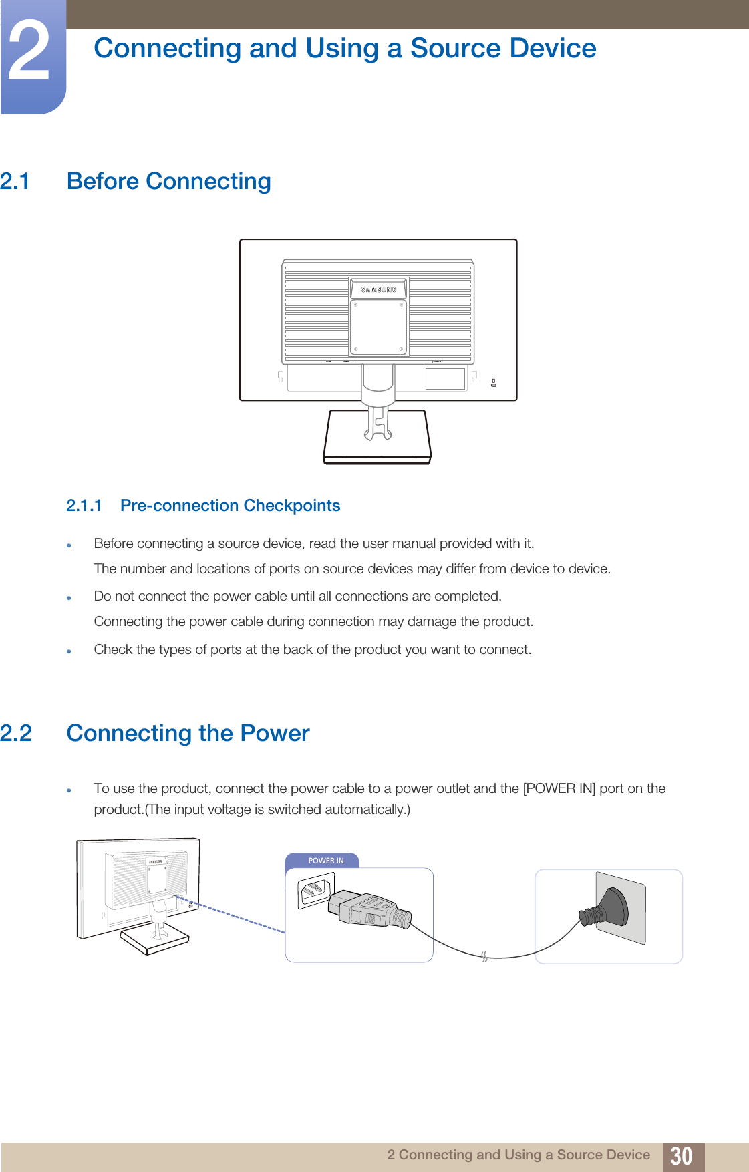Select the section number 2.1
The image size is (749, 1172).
pos(15,182)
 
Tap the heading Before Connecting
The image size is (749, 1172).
pos(169,182)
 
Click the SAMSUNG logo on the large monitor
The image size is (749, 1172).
pos(379,289)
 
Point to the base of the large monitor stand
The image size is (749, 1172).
pos(378,438)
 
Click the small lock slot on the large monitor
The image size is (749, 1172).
pos(494,383)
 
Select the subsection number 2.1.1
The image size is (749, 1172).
pos(84,506)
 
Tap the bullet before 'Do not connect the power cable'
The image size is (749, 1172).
pos(69,598)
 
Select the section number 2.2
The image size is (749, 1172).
pos(16,734)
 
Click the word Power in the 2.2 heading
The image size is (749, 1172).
pos(275,734)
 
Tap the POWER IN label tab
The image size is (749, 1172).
pos(325,861)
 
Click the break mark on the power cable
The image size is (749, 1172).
pos(484,957)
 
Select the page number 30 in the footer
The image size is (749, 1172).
pos(682,1156)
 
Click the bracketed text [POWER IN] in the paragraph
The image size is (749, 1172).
pos(559,788)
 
